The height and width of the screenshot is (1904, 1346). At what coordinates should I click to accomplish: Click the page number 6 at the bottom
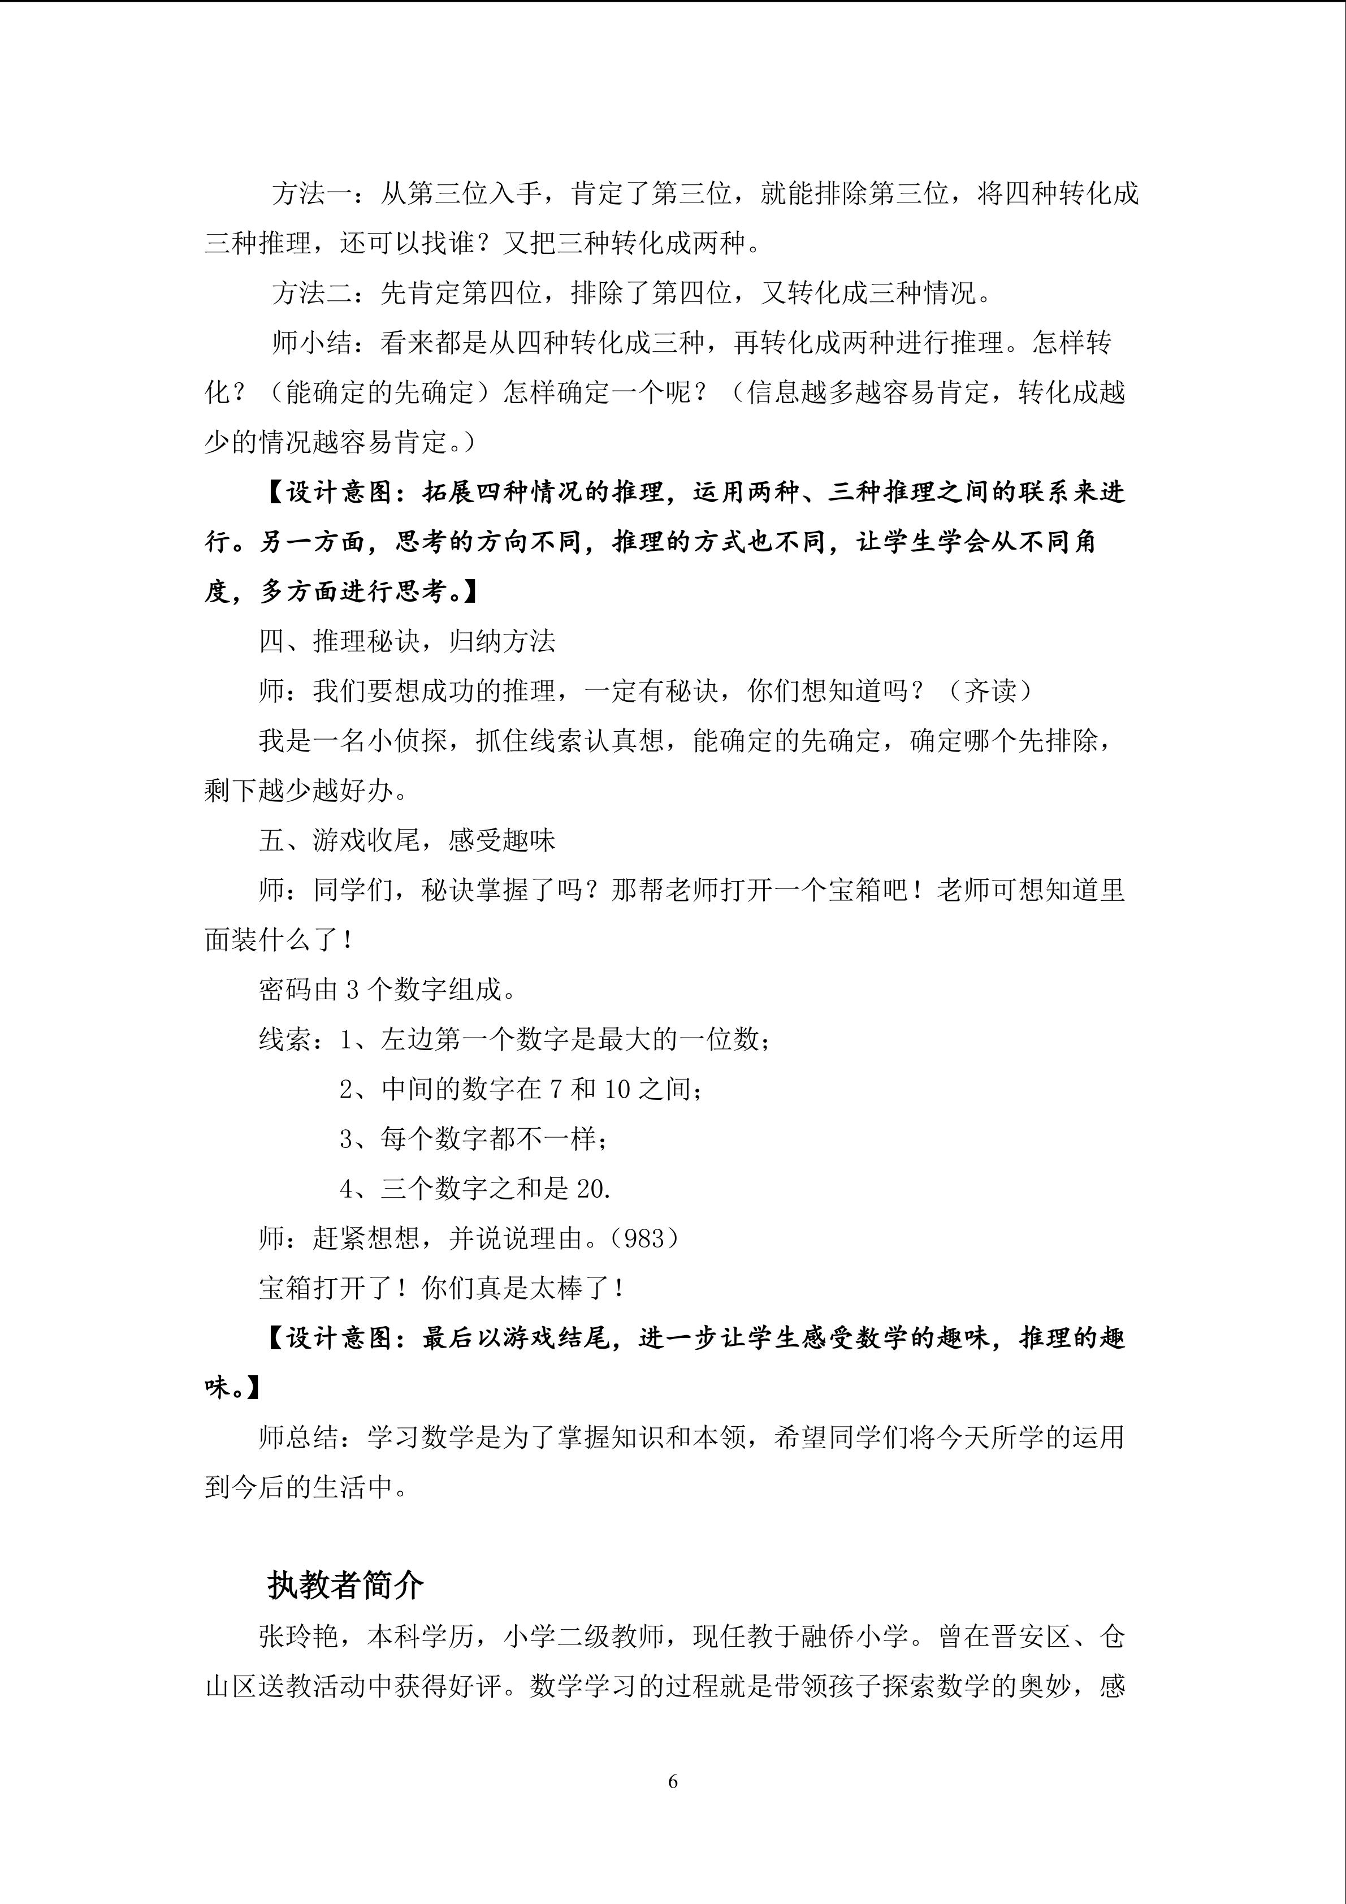tap(672, 1780)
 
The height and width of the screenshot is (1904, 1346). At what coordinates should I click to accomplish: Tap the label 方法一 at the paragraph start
tap(311, 193)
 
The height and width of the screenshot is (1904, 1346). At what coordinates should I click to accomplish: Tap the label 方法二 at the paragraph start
tap(311, 293)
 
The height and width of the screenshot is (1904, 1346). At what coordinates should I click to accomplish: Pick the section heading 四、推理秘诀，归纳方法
tap(407, 641)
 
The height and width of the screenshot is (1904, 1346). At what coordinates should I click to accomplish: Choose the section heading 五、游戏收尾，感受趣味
tap(407, 840)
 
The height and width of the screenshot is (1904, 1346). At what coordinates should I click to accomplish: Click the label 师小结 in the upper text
tap(311, 343)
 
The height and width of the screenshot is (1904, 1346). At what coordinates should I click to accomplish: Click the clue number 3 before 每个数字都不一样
tap(347, 1139)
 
